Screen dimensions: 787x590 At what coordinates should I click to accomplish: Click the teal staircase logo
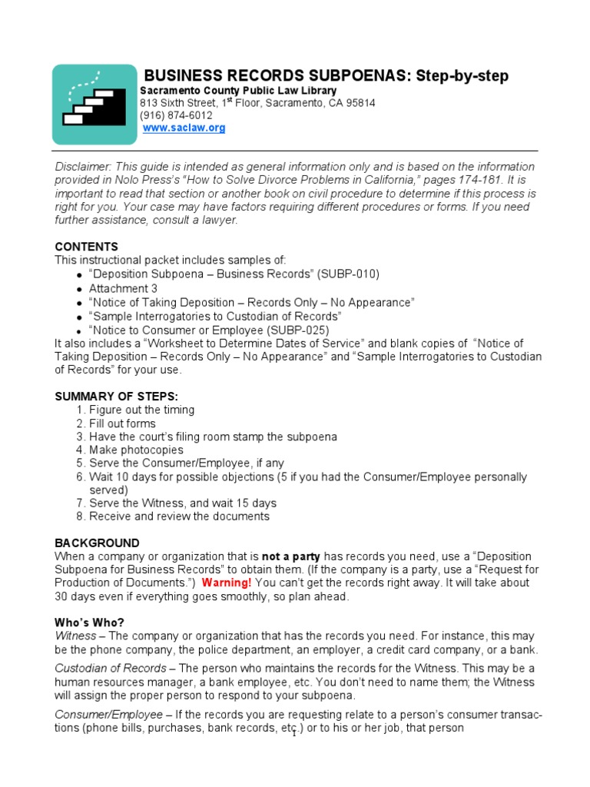(x=91, y=105)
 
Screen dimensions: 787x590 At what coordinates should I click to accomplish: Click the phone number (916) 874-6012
(x=176, y=115)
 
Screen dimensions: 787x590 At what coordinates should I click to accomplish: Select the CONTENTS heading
(x=86, y=247)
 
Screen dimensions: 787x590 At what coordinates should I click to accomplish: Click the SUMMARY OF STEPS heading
(x=116, y=396)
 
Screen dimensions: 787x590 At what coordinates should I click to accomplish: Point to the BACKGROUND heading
(x=97, y=543)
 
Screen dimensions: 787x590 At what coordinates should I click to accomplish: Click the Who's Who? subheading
(x=88, y=623)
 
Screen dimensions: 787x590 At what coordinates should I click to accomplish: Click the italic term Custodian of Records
(x=110, y=668)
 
